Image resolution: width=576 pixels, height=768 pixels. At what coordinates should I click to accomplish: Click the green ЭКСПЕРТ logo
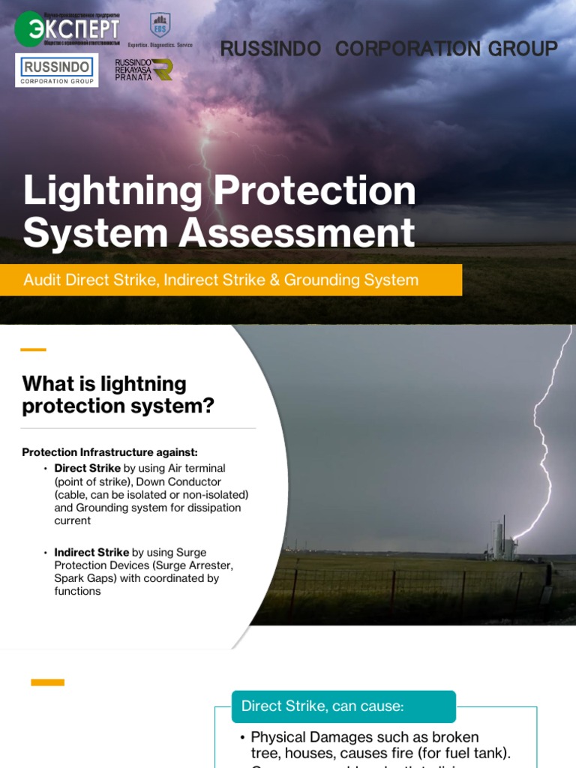pyautogui.click(x=67, y=28)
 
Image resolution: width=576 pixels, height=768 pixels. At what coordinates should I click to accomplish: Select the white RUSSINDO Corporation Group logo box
pyautogui.click(x=56, y=70)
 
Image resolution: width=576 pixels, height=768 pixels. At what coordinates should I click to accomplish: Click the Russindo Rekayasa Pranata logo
pyautogui.click(x=144, y=70)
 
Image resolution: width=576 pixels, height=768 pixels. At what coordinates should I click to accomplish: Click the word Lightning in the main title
pyautogui.click(x=112, y=191)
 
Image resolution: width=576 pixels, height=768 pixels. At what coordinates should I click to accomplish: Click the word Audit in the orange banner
pyautogui.click(x=42, y=280)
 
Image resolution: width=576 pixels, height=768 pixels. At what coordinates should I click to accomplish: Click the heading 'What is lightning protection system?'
pyautogui.click(x=118, y=394)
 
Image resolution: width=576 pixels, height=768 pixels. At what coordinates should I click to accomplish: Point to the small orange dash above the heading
pyautogui.click(x=33, y=349)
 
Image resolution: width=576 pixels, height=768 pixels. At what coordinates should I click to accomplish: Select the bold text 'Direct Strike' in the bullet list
pyautogui.click(x=87, y=468)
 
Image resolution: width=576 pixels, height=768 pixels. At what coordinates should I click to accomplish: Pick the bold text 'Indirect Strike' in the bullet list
pyautogui.click(x=91, y=553)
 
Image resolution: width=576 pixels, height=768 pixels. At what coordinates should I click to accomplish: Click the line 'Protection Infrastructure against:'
pyautogui.click(x=109, y=452)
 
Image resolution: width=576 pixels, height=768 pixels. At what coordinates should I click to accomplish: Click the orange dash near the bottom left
pyautogui.click(x=47, y=682)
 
